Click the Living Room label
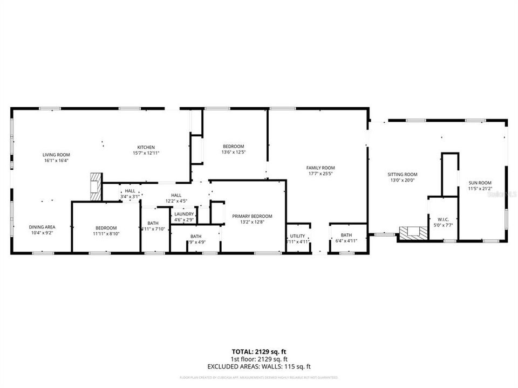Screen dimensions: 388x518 click(x=56, y=155)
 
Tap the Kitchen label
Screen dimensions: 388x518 click(x=146, y=147)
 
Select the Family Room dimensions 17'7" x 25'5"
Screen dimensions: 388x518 click(x=321, y=174)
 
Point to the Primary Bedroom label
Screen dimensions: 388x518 click(x=252, y=216)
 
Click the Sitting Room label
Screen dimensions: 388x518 click(x=403, y=174)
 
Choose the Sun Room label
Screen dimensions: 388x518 click(x=480, y=183)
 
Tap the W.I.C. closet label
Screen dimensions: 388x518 click(x=443, y=219)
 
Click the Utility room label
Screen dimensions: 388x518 click(x=297, y=235)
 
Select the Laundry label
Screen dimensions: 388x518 click(x=184, y=214)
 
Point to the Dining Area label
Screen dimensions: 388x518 click(x=42, y=227)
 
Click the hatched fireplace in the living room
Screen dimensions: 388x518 click(x=96, y=186)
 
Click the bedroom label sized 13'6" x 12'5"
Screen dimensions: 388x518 click(x=234, y=147)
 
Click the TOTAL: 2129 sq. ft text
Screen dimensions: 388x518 click(x=258, y=351)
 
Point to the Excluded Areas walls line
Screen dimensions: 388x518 click(x=258, y=366)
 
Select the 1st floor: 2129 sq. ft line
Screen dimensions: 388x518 click(x=258, y=359)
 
